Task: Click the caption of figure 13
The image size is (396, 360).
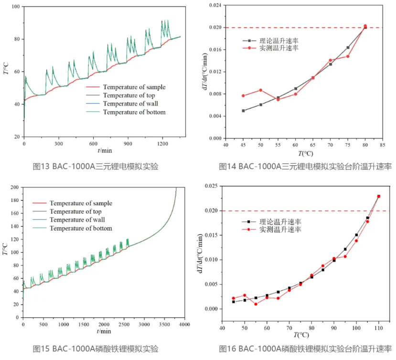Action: [x=95, y=167]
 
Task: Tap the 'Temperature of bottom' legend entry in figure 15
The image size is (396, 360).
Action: [x=81, y=228]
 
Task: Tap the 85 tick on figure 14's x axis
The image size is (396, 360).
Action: [x=383, y=144]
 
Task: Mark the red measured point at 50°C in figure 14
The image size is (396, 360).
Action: [x=260, y=90]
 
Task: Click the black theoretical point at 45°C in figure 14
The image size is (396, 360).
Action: [x=243, y=111]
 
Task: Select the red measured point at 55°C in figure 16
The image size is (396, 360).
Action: [x=256, y=304]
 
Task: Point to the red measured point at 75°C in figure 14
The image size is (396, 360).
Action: [x=348, y=56]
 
